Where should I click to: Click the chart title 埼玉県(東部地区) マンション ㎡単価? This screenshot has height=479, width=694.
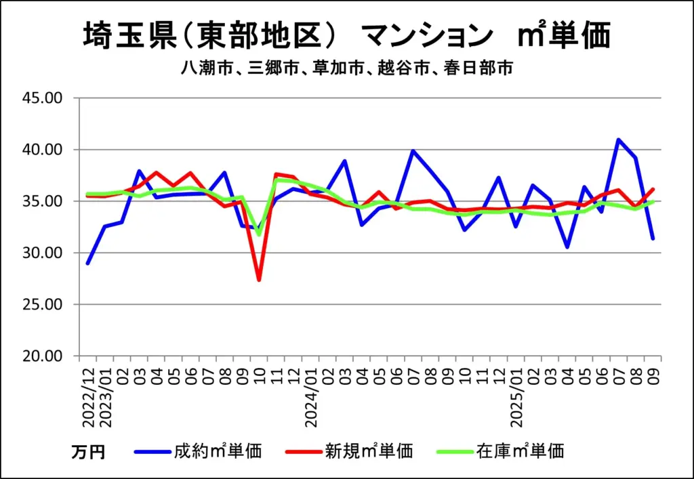pos(346,35)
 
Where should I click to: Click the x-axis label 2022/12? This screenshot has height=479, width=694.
pos(87,396)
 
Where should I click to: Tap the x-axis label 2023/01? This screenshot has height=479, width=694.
pos(105,396)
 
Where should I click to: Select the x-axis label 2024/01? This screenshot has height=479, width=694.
pos(311,396)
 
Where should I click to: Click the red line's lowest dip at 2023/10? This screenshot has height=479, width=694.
pos(259,279)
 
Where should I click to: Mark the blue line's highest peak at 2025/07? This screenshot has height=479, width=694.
pos(619,140)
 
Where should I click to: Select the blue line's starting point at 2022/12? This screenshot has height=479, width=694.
pos(88,263)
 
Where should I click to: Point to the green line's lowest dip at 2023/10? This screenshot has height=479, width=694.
pos(259,234)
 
